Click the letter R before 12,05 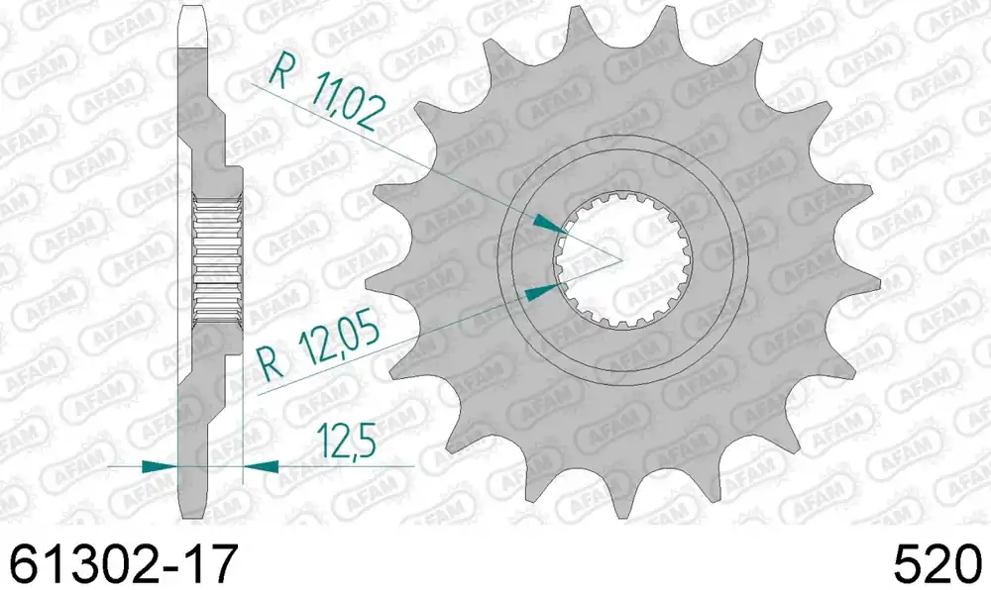[x=272, y=364]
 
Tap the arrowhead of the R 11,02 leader [x=550, y=224]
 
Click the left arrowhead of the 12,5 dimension [x=160, y=466]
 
